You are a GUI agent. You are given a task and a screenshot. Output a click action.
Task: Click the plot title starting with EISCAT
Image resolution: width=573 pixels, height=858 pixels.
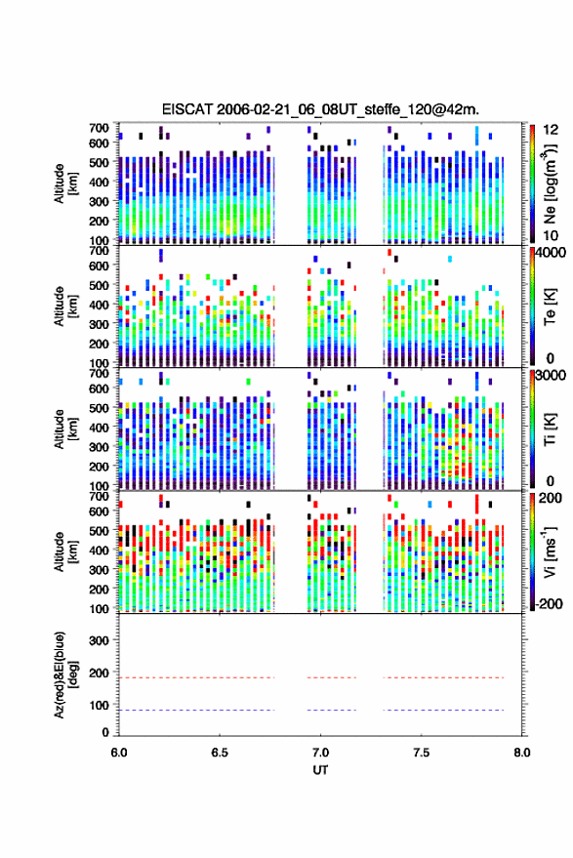[x=320, y=109]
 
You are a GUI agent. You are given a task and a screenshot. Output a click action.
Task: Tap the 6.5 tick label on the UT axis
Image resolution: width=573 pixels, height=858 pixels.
[x=220, y=753]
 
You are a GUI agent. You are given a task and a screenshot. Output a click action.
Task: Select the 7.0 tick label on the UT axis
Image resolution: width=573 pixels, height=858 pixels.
[x=320, y=753]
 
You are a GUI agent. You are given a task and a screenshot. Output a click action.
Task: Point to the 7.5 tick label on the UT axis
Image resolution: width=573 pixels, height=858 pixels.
[x=421, y=753]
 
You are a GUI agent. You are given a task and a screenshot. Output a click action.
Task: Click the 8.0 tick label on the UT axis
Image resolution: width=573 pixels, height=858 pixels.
[x=521, y=753]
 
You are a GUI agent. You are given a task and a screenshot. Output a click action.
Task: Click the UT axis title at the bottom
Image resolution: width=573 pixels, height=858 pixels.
[x=320, y=770]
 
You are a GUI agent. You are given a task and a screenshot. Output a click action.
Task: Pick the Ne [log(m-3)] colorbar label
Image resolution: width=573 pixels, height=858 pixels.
[x=550, y=184]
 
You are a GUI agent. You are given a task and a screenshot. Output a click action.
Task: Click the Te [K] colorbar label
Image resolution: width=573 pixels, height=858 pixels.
[x=550, y=306]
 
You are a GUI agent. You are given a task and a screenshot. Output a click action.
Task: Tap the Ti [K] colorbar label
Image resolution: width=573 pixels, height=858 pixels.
[x=550, y=429]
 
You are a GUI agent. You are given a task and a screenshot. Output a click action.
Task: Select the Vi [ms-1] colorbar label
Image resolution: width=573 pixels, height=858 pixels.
[x=550, y=552]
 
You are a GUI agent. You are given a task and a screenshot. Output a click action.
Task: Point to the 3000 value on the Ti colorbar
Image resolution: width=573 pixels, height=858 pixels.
[x=551, y=376]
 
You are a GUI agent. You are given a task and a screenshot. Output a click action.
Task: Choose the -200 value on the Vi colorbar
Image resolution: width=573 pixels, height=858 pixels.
[x=548, y=604]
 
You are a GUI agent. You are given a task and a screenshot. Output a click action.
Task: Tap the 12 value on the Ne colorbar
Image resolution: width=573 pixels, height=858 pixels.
[x=551, y=130]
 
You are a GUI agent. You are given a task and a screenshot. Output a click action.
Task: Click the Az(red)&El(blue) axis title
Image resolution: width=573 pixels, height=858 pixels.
[x=65, y=674]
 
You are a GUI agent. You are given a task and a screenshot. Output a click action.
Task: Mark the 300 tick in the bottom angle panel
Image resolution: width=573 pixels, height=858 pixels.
[x=99, y=640]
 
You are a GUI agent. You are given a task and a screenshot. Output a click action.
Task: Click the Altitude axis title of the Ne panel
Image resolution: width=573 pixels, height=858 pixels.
[x=65, y=184]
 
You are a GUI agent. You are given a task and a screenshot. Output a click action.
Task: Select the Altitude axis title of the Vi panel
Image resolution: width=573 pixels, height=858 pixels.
[x=65, y=552]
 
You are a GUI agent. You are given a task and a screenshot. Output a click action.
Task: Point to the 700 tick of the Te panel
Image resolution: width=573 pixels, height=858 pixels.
[x=99, y=251]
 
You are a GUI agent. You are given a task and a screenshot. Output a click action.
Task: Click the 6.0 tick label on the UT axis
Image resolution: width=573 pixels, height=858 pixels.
[x=119, y=753]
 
